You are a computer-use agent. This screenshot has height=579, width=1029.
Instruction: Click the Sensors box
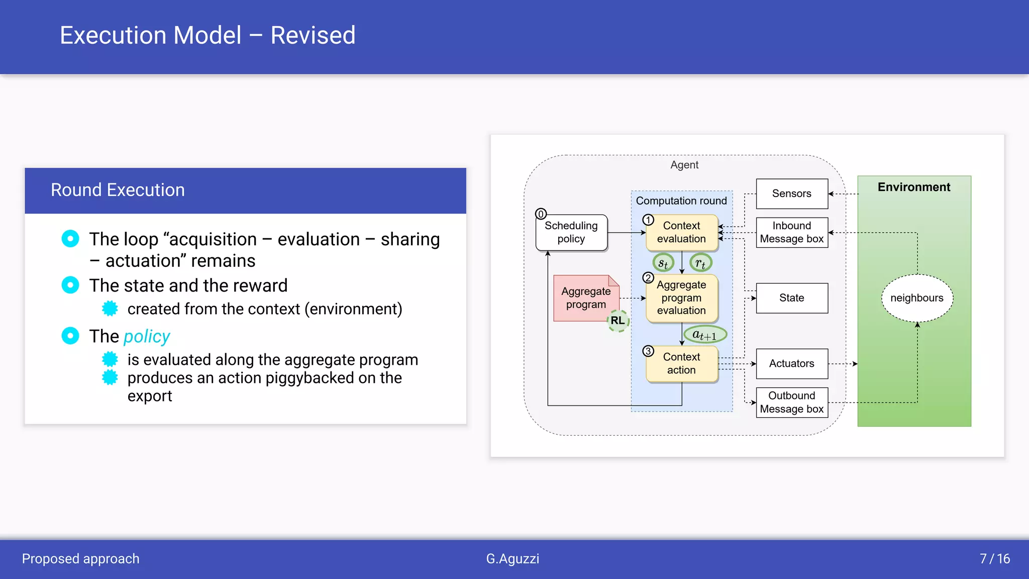click(791, 194)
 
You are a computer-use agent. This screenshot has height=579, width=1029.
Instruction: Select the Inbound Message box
click(791, 232)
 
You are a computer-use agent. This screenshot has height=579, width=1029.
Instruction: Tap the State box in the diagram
click(791, 298)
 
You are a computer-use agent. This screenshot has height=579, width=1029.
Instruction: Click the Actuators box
click(791, 363)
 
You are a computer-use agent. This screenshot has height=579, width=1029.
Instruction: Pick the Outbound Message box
click(791, 402)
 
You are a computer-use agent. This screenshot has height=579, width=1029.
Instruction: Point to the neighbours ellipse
click(916, 298)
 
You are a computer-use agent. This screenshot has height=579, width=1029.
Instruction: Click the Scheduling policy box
click(571, 232)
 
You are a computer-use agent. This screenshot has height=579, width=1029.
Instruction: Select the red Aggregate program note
click(585, 298)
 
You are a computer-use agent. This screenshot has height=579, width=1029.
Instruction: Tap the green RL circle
click(618, 321)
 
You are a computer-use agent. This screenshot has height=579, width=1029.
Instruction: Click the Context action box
click(681, 363)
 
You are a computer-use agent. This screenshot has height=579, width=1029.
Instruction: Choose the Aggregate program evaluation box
click(681, 298)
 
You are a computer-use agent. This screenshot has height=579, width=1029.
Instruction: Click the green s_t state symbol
click(663, 263)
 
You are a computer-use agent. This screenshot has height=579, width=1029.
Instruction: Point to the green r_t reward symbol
click(700, 263)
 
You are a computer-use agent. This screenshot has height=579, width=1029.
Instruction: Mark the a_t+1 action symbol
click(705, 335)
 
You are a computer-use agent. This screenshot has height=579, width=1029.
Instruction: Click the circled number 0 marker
click(541, 214)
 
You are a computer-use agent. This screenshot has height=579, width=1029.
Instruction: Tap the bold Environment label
click(913, 187)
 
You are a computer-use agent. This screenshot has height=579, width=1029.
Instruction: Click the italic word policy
click(147, 336)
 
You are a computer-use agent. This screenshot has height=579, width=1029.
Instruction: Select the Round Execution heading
click(118, 190)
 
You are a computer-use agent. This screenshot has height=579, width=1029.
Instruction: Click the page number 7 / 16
click(994, 558)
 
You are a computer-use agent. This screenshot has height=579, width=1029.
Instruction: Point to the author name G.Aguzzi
click(512, 558)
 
